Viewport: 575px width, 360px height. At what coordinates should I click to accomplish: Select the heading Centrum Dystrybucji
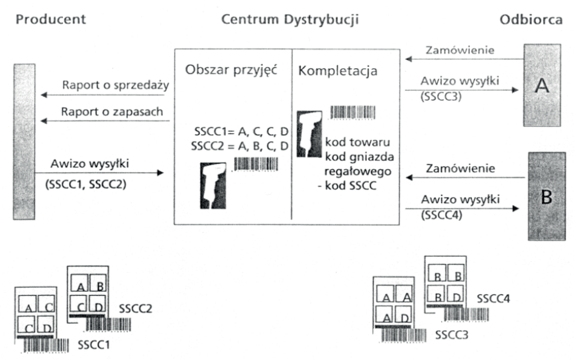290,19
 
